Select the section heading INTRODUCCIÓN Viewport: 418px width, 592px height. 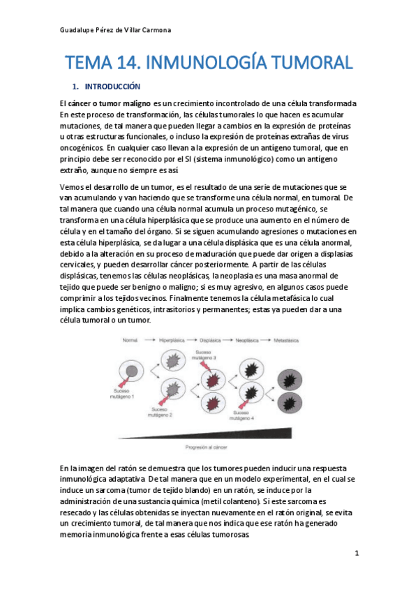point(112,87)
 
